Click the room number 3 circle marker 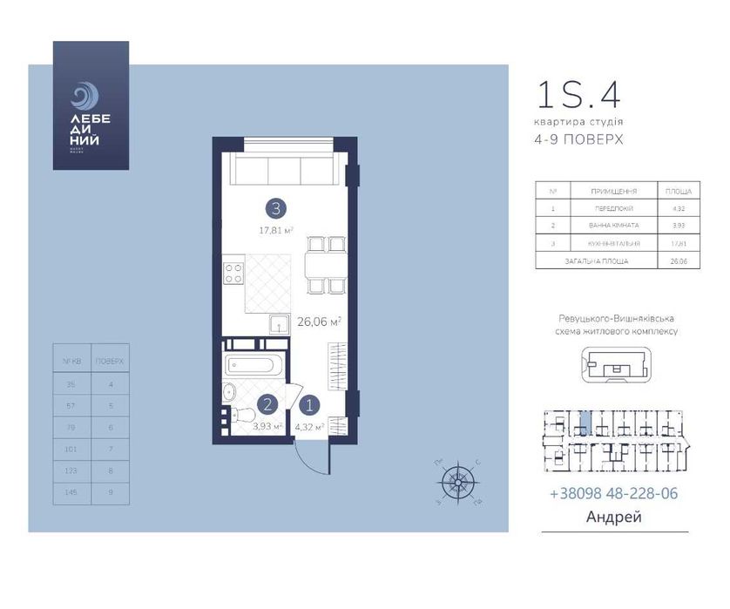276,208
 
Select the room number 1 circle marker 309,403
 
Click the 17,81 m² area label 275,231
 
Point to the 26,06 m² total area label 320,321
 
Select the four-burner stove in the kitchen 233,274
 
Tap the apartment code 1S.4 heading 578,95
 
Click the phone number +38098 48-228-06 613,493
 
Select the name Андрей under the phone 614,518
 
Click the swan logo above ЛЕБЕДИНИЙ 84,95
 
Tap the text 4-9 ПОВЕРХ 580,139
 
